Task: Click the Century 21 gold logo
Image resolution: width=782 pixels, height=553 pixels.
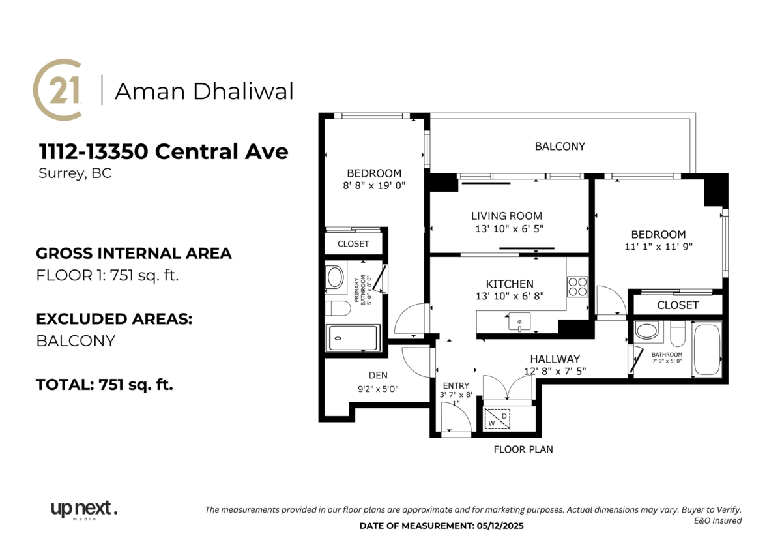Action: click(57, 90)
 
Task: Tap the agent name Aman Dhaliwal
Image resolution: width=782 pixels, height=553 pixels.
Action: click(204, 91)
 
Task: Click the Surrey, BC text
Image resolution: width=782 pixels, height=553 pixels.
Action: click(74, 174)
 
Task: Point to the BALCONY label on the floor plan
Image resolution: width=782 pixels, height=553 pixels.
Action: click(560, 147)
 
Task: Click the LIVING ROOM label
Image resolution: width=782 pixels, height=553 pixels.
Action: click(506, 216)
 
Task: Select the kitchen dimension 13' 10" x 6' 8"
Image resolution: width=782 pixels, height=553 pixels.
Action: click(510, 296)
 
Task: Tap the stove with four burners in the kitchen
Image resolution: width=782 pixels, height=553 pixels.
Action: click(577, 286)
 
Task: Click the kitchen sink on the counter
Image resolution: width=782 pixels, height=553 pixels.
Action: click(519, 321)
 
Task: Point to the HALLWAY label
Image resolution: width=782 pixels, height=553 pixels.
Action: click(555, 359)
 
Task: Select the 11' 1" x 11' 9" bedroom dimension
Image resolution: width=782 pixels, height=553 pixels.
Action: click(658, 247)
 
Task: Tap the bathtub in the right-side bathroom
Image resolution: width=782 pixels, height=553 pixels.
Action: click(707, 350)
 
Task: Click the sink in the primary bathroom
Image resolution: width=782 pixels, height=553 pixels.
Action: click(335, 277)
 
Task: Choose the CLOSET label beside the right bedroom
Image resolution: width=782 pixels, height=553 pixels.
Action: click(678, 305)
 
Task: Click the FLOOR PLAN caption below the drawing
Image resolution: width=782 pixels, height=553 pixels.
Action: click(523, 449)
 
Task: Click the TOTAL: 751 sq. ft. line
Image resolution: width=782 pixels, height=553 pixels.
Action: click(104, 385)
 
